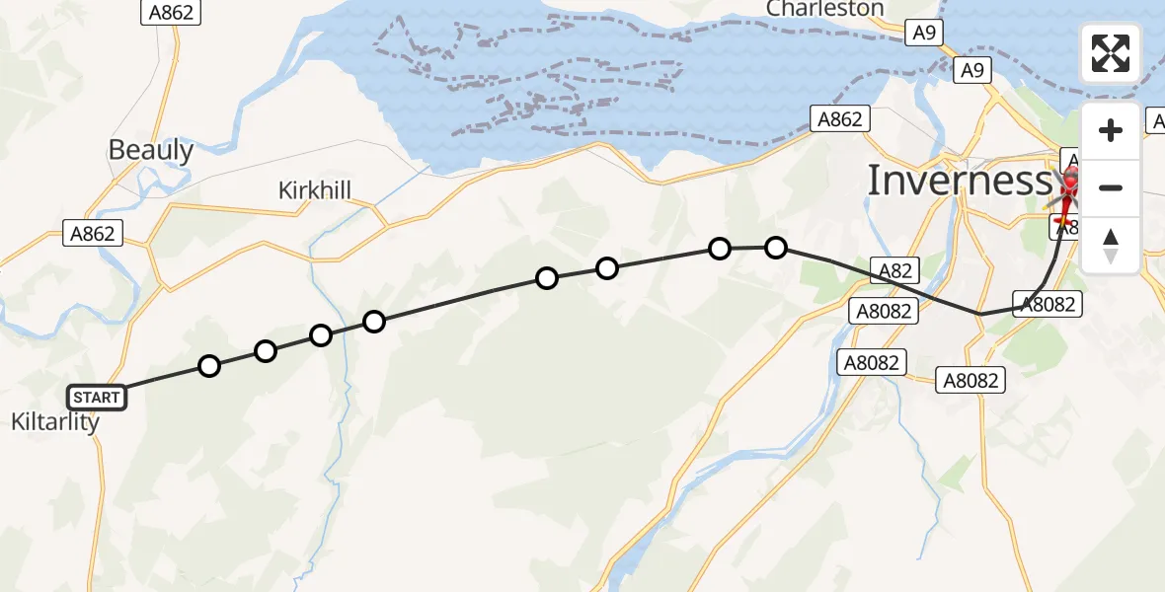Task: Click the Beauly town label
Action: point(150,150)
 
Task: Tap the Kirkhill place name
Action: point(315,190)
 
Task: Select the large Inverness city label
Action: point(960,181)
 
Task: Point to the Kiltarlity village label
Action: point(55,422)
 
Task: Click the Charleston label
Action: point(824,9)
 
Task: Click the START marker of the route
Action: point(96,398)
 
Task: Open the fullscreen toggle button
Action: point(1111,53)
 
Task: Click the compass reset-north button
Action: point(1111,246)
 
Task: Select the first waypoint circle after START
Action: point(209,366)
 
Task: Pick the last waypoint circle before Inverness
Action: point(776,247)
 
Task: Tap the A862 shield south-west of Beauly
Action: point(93,234)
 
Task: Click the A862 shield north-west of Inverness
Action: point(839,119)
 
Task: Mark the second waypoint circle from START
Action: point(265,351)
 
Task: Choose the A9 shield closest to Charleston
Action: point(924,34)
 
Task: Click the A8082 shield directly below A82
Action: point(883,311)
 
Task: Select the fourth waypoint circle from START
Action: point(373,321)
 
